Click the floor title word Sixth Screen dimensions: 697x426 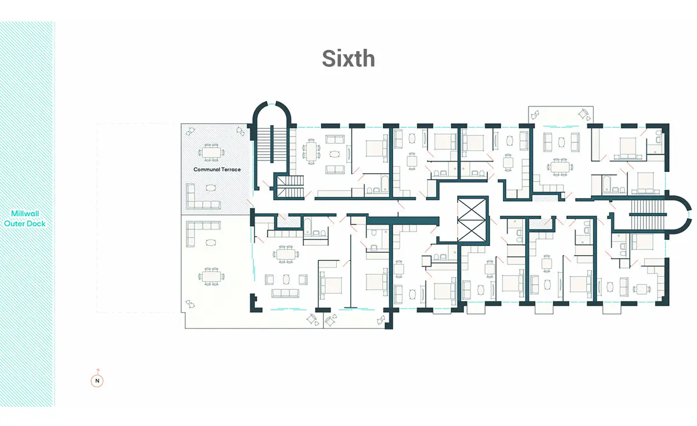[348, 59]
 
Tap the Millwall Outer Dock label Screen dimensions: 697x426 [25, 219]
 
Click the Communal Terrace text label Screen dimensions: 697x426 [217, 169]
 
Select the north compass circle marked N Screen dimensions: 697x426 [97, 381]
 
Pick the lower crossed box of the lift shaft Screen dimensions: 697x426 [472, 231]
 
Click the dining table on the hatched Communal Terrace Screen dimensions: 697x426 [211, 153]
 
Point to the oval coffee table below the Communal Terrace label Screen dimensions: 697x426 [211, 188]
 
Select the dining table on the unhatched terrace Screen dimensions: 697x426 [211, 276]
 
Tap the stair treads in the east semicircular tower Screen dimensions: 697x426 [648, 214]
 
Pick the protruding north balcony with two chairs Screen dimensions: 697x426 [561, 115]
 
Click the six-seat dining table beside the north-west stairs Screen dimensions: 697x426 [311, 151]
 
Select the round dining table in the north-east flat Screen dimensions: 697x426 [560, 167]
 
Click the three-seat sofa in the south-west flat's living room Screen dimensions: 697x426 [285, 293]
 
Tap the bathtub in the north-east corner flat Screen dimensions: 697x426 [608, 184]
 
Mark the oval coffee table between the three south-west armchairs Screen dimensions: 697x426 [286, 280]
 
